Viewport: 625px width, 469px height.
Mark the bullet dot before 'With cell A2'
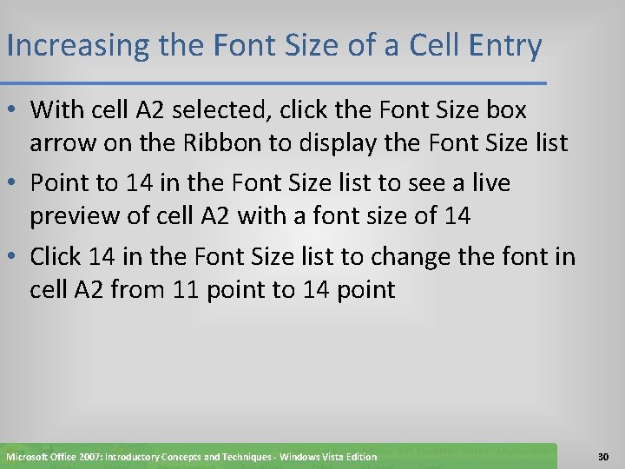15,111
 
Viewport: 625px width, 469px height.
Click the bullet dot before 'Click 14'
15,257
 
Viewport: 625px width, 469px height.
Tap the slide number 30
604,456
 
